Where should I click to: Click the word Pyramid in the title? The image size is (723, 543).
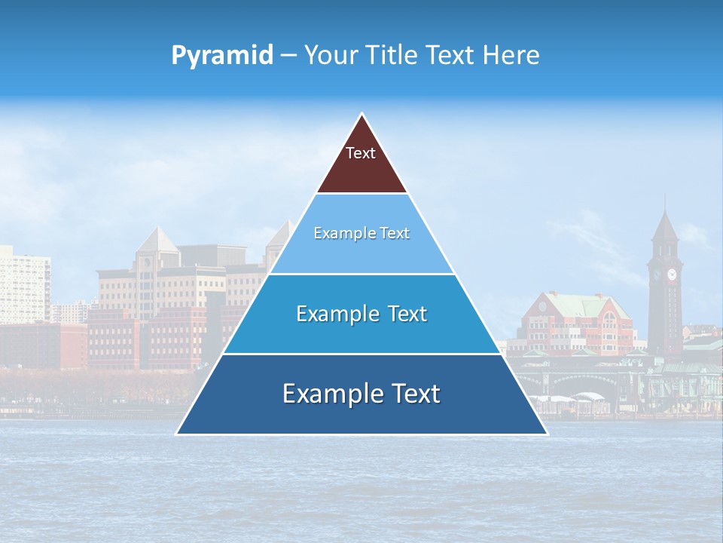tap(222, 56)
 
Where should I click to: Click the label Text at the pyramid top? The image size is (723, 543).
tap(361, 153)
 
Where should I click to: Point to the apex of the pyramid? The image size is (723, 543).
tap(362, 115)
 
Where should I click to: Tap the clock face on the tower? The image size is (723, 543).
tap(670, 274)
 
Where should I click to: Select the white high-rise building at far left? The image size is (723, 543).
tap(23, 287)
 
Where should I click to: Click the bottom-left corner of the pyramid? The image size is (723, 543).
tap(178, 433)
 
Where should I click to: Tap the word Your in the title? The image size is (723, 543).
tap(330, 55)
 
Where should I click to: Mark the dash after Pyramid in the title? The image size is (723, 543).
tap(288, 56)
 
